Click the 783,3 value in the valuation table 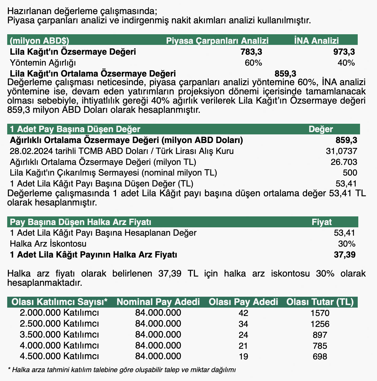point(251,52)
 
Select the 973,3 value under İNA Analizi point(344,52)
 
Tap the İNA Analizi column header point(316,41)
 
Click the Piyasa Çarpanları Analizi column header point(217,41)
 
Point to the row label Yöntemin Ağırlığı point(43,62)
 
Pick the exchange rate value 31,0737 point(341,151)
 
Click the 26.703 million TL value point(344,162)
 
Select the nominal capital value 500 point(350,173)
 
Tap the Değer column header point(321,129)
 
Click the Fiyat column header point(322,222)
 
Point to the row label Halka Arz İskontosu point(48,244)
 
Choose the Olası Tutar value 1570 point(320,313)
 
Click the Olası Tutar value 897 point(320,335)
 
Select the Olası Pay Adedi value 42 point(243,313)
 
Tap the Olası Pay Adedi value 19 point(243,357)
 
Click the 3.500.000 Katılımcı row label point(59,335)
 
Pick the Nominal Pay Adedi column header point(158,302)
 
